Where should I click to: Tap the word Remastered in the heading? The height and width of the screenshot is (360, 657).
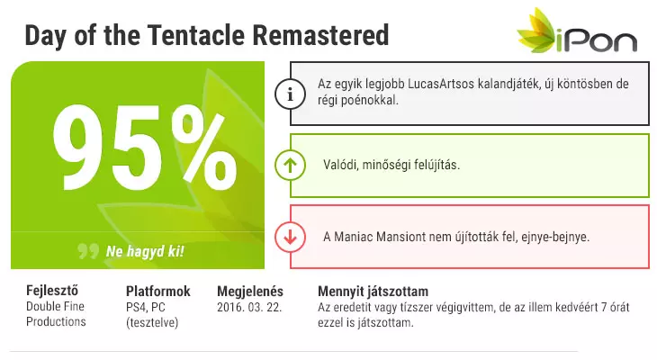coord(320,35)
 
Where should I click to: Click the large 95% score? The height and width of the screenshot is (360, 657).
coord(145,148)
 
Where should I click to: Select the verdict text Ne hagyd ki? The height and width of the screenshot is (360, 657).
coord(145,251)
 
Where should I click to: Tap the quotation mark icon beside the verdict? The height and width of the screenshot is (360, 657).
coord(88,251)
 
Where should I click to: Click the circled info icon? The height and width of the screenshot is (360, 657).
coord(290,94)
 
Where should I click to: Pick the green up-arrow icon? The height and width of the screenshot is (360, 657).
coord(290,165)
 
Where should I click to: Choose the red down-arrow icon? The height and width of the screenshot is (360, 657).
coord(290,238)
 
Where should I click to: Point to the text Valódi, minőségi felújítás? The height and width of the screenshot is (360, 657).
coord(391,165)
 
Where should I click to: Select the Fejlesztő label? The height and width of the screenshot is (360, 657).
coord(52,290)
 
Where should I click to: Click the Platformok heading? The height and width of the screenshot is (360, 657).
coord(158,291)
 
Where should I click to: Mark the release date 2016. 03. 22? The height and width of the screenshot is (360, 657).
coord(249,307)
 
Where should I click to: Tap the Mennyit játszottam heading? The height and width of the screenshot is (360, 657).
coord(373,292)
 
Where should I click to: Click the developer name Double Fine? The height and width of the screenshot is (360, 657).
coord(55,306)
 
